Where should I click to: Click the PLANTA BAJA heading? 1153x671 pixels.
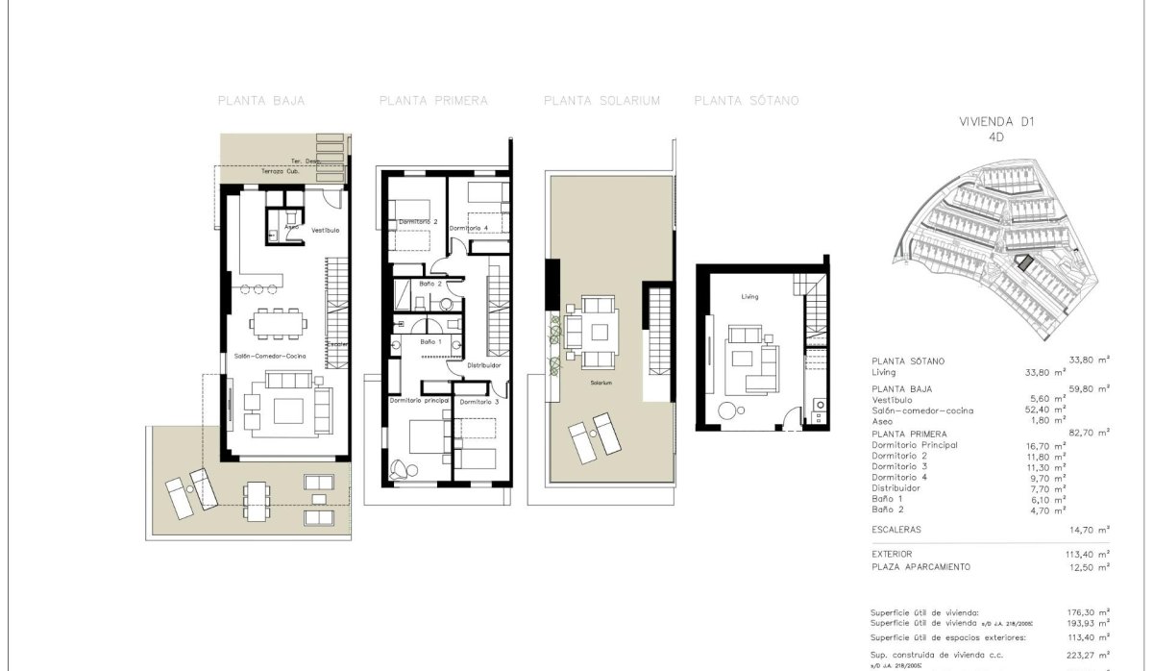[x=261, y=100]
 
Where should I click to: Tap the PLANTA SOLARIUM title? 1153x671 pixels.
[x=601, y=100]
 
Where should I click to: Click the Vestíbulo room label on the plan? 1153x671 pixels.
[x=325, y=231]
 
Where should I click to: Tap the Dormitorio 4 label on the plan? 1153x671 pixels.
[x=468, y=228]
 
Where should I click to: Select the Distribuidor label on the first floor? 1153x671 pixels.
[x=484, y=365]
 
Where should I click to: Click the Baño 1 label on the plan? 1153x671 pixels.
[x=430, y=341]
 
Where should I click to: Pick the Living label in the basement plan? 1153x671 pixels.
[x=749, y=297]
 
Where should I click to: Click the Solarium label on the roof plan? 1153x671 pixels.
[x=601, y=383]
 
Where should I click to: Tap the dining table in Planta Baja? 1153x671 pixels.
[x=279, y=323]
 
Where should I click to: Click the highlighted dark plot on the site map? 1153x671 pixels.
[x=1024, y=261]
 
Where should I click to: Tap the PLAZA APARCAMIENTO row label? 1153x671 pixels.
[x=920, y=567]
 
